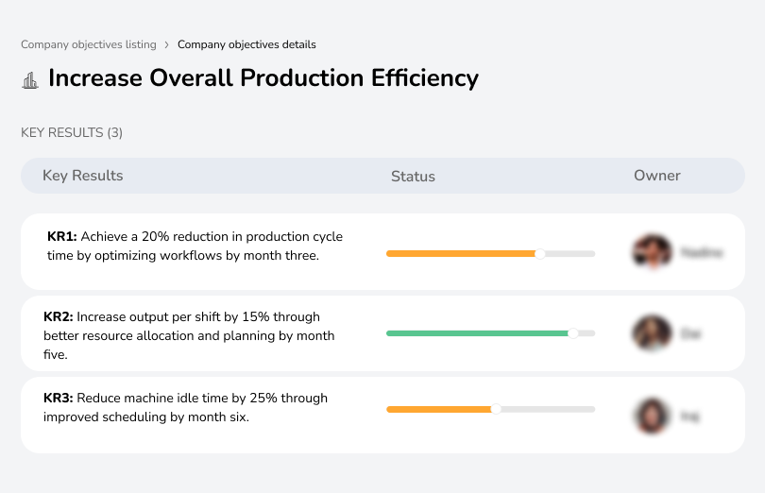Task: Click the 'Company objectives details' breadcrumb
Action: (246, 44)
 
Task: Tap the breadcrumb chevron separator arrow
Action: (166, 44)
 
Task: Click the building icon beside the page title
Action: (30, 80)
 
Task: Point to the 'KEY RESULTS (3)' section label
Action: (72, 133)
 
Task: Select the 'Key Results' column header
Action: (82, 176)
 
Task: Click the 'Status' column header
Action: (413, 177)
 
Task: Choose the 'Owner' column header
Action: (656, 176)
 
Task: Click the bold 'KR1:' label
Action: (61, 236)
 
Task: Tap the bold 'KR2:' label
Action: (59, 317)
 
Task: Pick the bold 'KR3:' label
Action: (59, 399)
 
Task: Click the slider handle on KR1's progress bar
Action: (540, 253)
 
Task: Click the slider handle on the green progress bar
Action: (572, 333)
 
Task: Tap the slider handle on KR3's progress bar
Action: (496, 409)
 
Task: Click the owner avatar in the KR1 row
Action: (652, 252)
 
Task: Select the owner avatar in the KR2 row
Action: (652, 333)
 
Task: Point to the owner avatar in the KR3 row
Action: (652, 415)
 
